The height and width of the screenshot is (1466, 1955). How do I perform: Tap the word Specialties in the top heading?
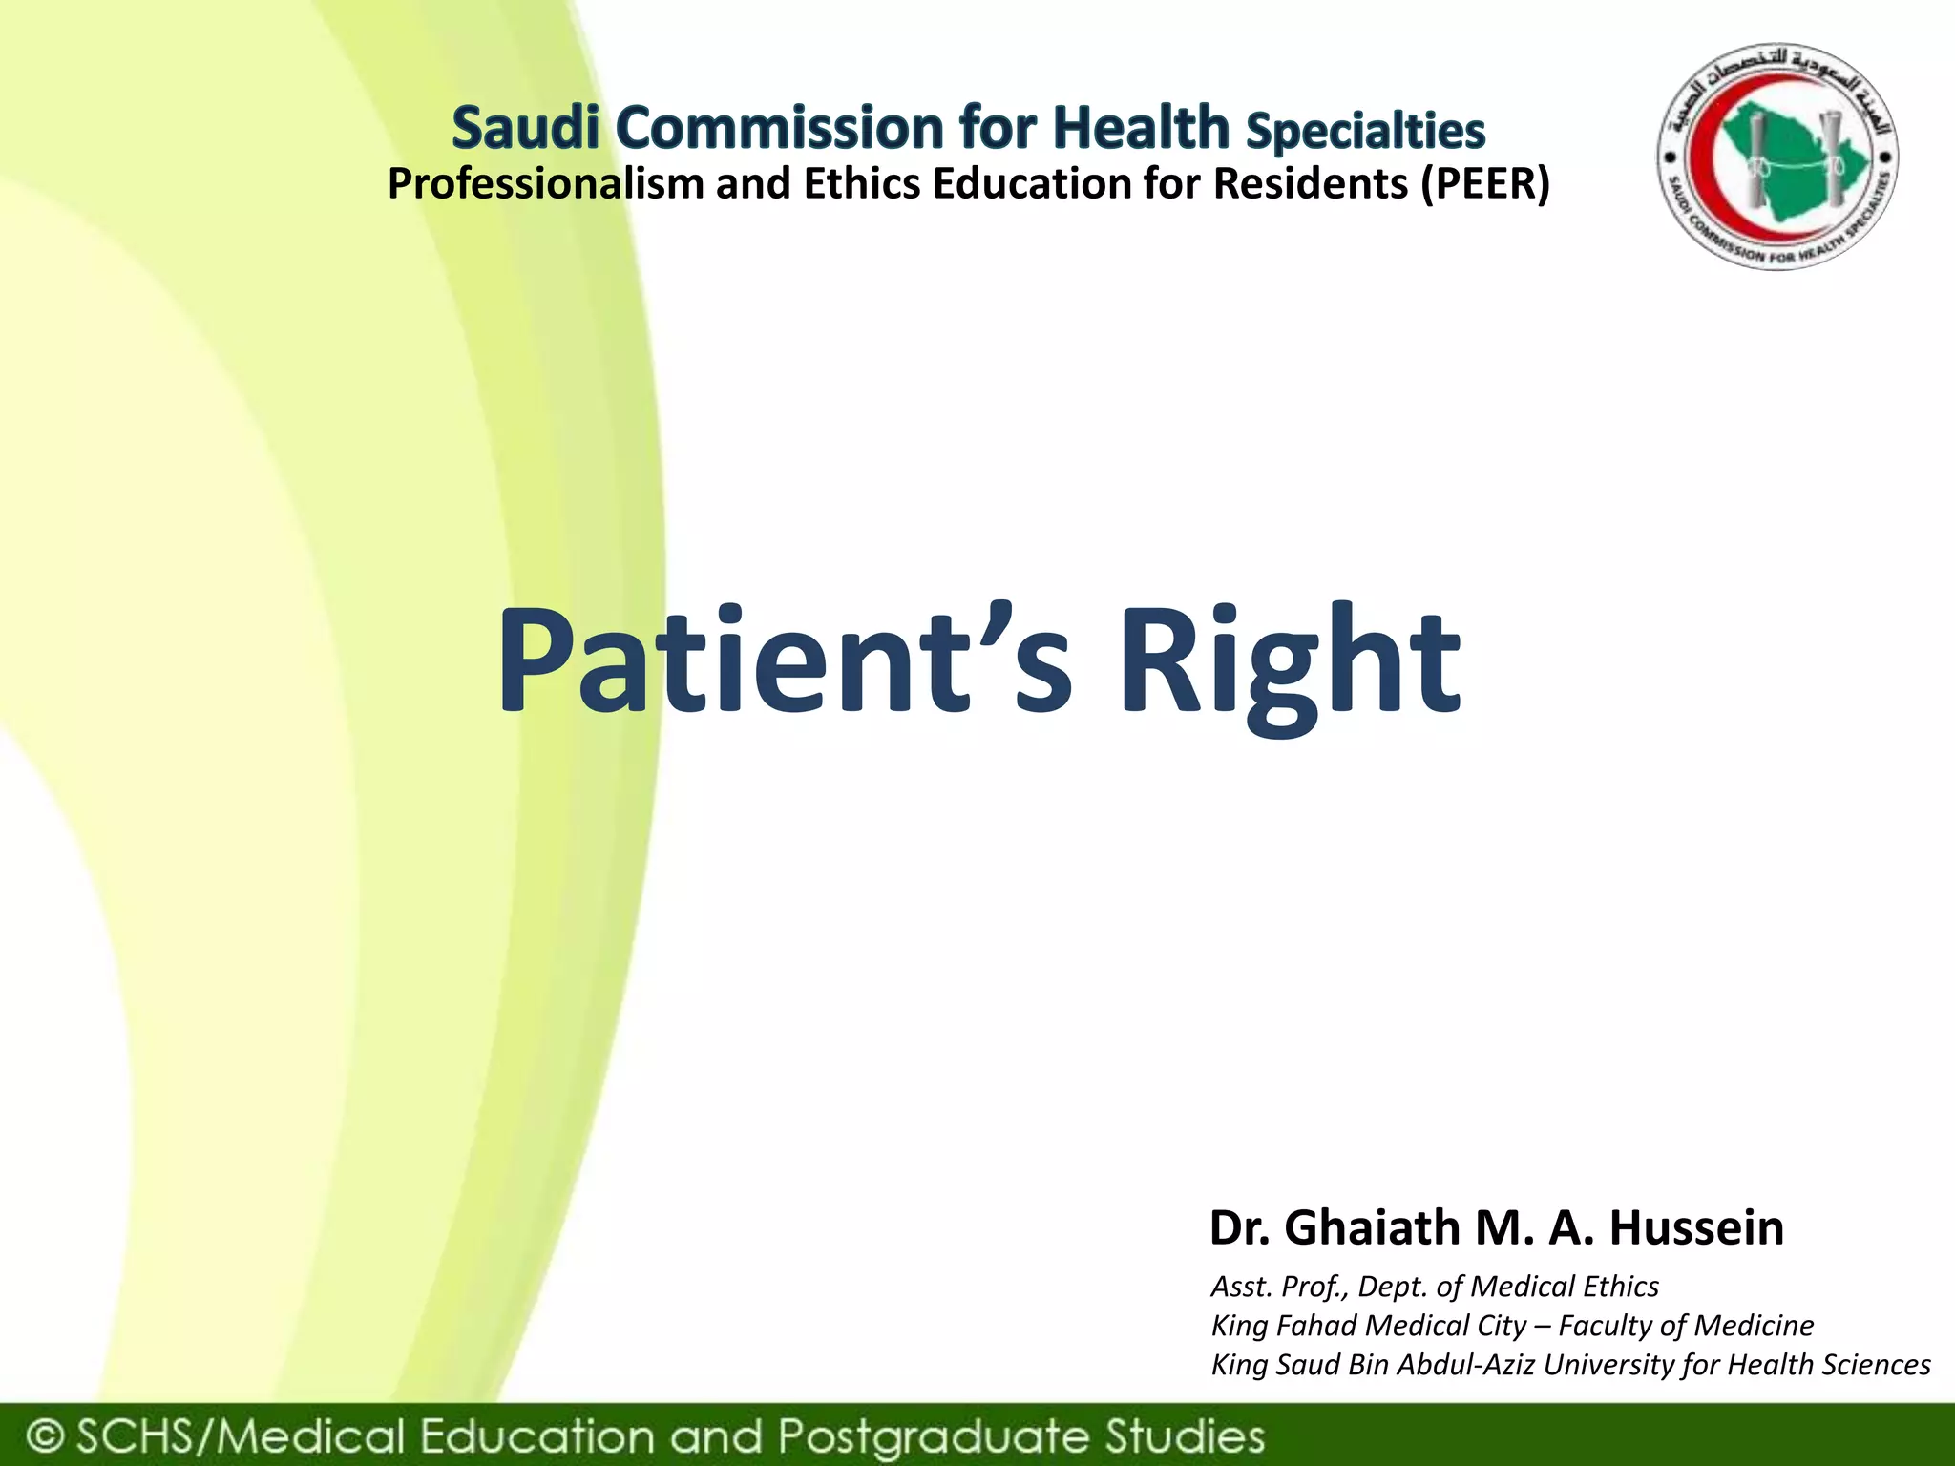coord(1365,131)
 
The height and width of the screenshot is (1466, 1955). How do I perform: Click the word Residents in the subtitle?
coord(1310,183)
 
